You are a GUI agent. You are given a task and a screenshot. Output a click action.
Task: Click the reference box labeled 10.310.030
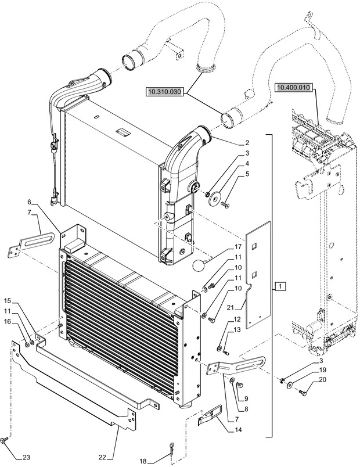(x=164, y=91)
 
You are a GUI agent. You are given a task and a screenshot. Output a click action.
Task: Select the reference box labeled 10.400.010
(x=294, y=88)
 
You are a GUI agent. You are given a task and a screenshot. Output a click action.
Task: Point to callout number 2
(x=231, y=142)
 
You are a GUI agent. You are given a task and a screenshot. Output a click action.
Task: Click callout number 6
(x=28, y=202)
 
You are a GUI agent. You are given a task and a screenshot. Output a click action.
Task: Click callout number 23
(x=26, y=458)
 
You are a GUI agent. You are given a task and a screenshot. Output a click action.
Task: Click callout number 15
(x=8, y=300)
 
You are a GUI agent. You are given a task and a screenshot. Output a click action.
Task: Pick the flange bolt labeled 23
(x=5, y=441)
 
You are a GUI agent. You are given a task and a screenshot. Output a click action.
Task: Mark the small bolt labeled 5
(x=226, y=204)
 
